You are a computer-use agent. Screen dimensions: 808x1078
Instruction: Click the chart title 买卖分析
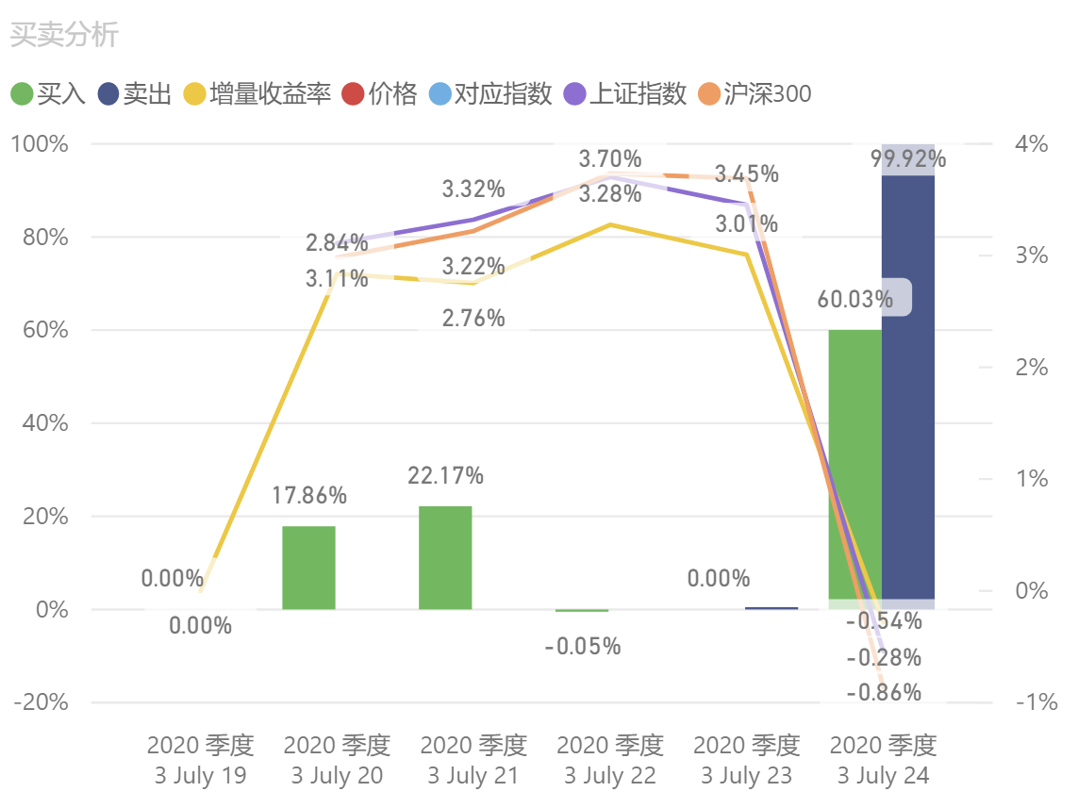64,35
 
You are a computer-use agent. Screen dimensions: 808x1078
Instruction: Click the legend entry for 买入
49,94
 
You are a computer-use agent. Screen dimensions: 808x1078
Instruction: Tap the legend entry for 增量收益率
258,94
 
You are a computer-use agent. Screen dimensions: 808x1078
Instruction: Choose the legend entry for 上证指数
624,94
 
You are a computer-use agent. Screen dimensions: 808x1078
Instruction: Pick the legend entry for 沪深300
755,94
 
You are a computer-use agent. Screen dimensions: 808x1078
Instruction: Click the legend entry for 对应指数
490,94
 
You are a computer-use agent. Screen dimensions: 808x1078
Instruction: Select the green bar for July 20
308,568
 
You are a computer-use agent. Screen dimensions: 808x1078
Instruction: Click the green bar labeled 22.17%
445,557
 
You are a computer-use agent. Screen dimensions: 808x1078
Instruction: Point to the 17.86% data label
309,495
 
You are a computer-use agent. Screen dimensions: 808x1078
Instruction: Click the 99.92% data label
908,158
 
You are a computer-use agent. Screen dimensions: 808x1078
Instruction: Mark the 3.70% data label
610,158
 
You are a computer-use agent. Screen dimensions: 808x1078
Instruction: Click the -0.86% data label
884,693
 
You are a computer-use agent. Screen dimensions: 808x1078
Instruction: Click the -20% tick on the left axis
41,702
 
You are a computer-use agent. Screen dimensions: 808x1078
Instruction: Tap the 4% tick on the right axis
1032,144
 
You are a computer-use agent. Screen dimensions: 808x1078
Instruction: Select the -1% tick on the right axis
1036,702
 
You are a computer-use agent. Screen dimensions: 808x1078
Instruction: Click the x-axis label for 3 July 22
610,761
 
